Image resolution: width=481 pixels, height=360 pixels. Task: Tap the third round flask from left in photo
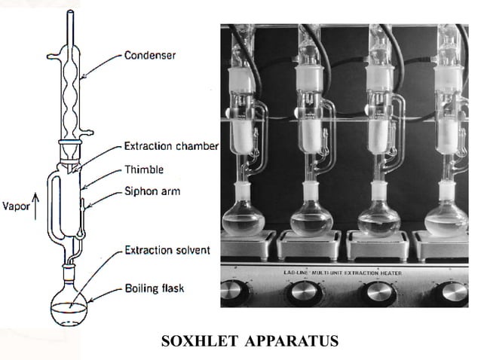point(379,219)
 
